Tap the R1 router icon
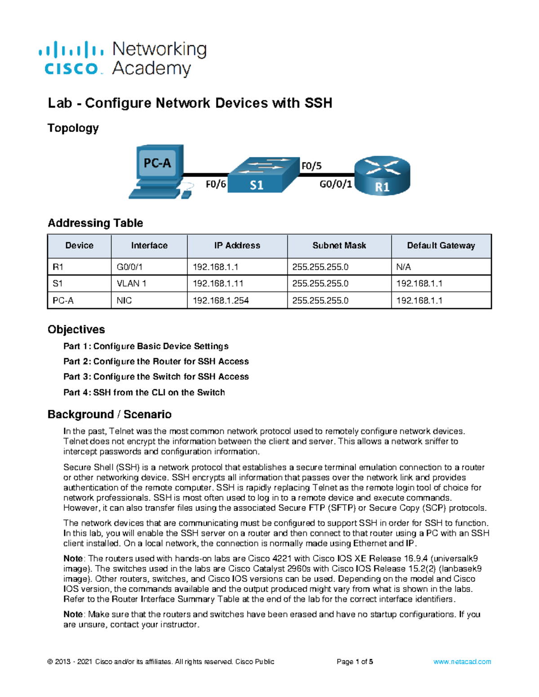[382, 176]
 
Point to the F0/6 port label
[216, 184]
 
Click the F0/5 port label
[311, 166]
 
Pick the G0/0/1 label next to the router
[336, 184]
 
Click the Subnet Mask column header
[339, 245]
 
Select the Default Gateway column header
[441, 245]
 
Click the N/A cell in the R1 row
[403, 267]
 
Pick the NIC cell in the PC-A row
[124, 301]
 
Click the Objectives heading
[76, 329]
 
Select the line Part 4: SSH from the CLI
[144, 392]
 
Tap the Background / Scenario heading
[110, 414]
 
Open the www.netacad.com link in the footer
[462, 662]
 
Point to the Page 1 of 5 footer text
[355, 662]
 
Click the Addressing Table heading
[95, 223]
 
